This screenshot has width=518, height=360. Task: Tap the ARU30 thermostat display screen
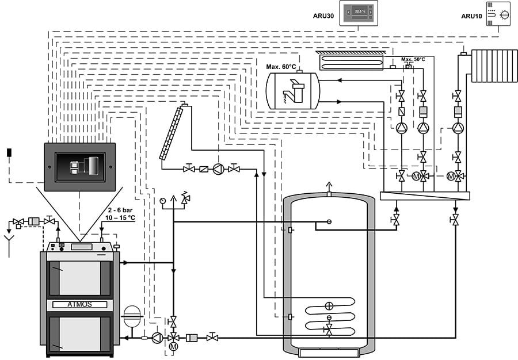[359, 12]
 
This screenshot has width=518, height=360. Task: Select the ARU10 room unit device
[498, 14]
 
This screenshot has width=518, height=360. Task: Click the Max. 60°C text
[281, 67]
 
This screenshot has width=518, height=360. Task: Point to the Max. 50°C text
[413, 59]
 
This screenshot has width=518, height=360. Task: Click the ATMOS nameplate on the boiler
[79, 304]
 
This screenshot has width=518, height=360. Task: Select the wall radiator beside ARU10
[494, 66]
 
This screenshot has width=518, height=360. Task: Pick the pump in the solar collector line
[218, 169]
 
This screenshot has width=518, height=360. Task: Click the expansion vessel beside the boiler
[132, 315]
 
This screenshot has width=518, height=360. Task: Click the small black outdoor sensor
[9, 152]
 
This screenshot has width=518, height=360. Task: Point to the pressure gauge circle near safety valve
[163, 201]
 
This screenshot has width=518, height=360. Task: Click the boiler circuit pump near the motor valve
[157, 338]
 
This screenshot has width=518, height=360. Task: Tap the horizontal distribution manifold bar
[425, 196]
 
